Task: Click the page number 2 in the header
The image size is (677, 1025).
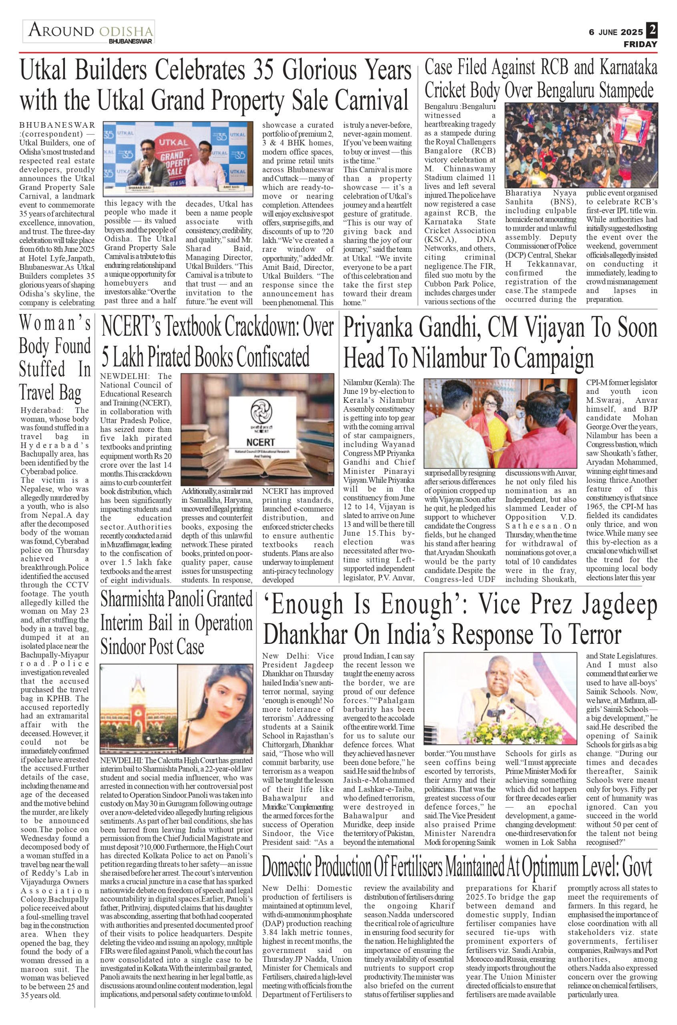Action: (x=651, y=31)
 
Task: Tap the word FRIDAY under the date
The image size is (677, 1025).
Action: (x=640, y=44)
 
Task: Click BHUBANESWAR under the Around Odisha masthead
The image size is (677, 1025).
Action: (x=131, y=42)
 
